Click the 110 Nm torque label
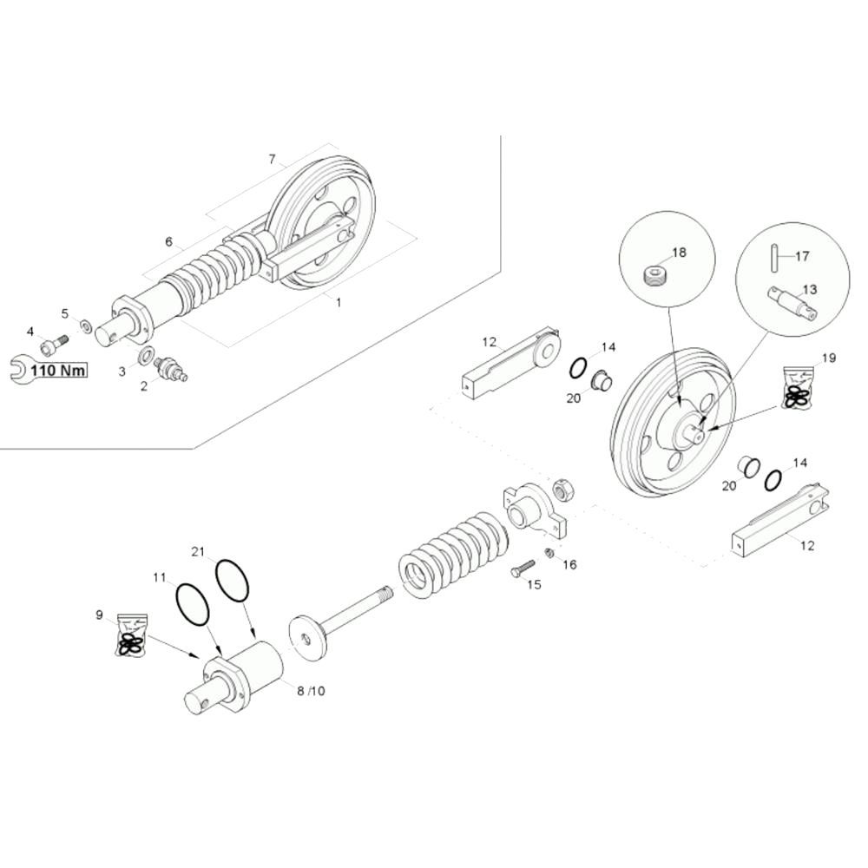pos(59,372)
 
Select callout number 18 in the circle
pos(679,253)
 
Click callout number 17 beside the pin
pos(801,256)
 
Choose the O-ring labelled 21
pos(232,579)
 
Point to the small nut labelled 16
pos(549,553)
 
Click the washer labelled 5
pos(87,326)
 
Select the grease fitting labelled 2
pos(170,369)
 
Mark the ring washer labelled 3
pos(146,355)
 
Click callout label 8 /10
pos(310,691)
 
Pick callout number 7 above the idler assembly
pos(272,159)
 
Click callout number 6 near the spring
pos(168,241)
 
